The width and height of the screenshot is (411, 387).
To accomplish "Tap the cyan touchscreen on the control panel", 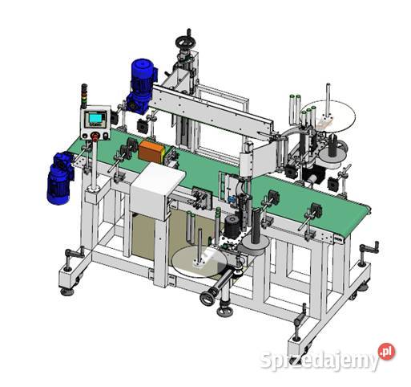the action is pyautogui.click(x=95, y=118).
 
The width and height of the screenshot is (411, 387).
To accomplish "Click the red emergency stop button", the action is pyautogui.click(x=95, y=136).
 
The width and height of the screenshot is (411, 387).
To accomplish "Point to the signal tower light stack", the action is pyautogui.click(x=84, y=96).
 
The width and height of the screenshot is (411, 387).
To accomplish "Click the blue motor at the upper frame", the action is pyautogui.click(x=141, y=86).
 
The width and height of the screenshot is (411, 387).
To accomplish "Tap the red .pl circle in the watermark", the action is pyautogui.click(x=386, y=352).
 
